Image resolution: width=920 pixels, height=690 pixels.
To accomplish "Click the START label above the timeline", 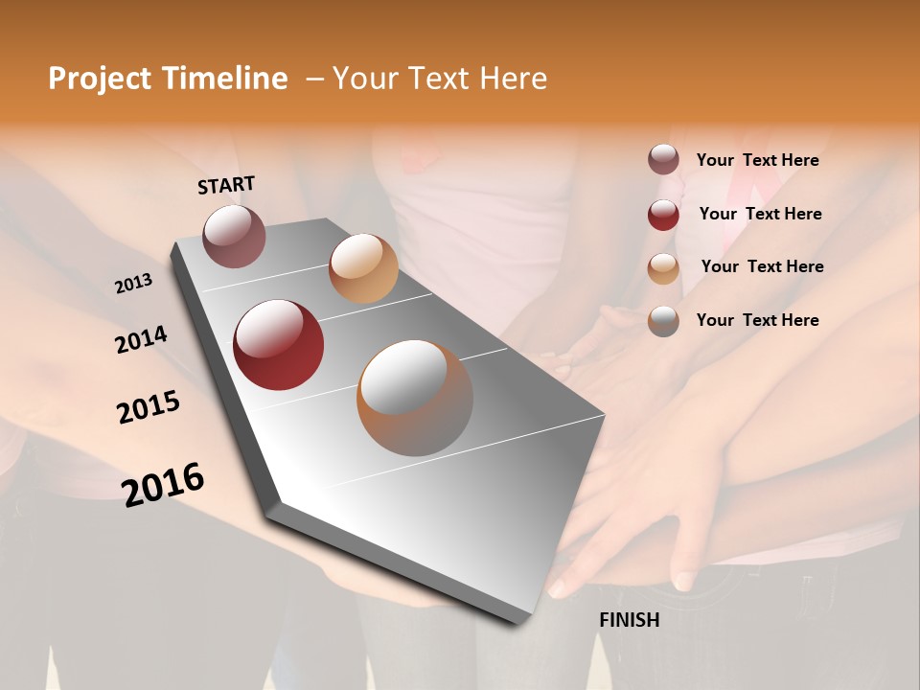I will coord(226,185).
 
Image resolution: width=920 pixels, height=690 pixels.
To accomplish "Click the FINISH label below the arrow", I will coord(629,620).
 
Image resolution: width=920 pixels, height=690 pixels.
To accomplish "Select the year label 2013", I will coord(133,284).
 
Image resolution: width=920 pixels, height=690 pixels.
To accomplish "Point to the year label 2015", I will coord(149,407).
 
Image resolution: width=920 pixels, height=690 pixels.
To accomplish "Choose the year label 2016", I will coord(163,485).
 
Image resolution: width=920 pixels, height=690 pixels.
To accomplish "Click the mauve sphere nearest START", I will coord(234,236).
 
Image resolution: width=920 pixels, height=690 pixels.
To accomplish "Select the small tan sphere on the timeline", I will coord(363,268).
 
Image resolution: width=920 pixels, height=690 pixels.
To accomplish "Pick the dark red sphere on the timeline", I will coord(279,345).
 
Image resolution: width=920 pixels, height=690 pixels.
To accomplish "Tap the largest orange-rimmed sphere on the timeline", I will coord(415,398).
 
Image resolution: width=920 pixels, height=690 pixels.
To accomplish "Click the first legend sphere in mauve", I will coord(663,160).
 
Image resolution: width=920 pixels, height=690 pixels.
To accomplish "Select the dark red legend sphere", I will coord(663,214).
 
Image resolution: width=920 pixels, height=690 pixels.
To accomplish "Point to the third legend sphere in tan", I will coord(663,267).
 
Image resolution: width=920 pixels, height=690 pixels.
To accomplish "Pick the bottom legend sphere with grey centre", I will coord(663,320).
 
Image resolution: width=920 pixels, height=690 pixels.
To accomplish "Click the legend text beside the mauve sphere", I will coord(757,160).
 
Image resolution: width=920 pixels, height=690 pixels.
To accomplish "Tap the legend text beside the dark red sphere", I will coord(760,214).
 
